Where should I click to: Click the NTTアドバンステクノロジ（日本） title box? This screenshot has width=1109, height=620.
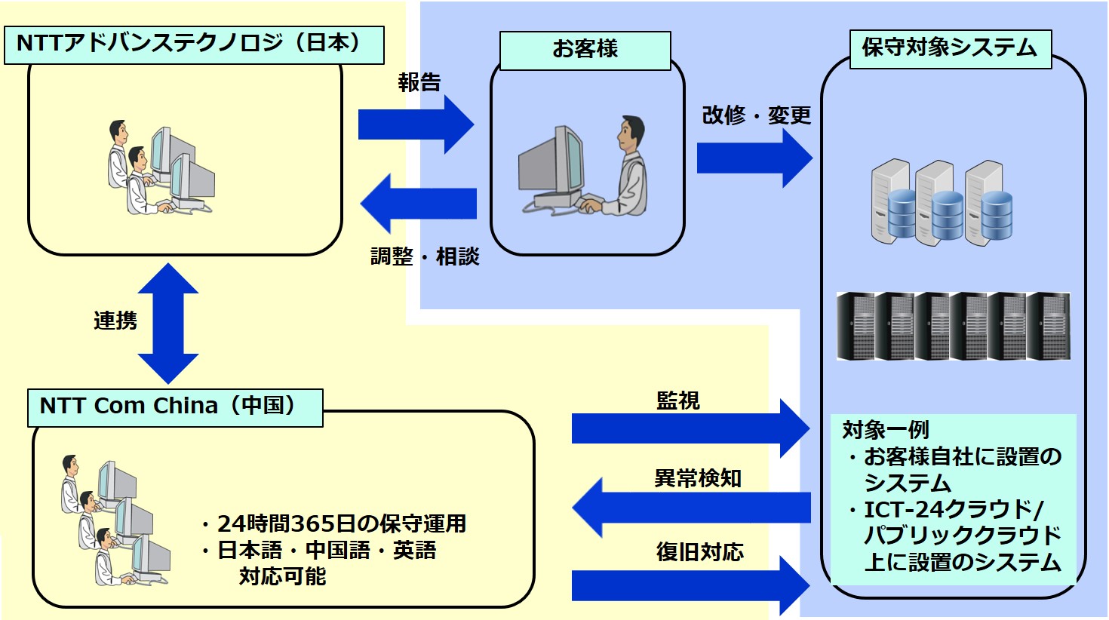pos(194,45)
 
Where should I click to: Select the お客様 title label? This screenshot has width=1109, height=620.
pos(585,51)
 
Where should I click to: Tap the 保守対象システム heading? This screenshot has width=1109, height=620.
pos(950,49)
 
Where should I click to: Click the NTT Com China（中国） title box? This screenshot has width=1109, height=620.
pos(175,407)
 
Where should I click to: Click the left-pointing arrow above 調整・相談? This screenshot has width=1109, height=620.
pos(419,204)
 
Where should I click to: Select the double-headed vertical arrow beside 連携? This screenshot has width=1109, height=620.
pos(168,323)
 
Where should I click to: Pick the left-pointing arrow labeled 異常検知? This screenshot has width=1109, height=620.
pos(691,507)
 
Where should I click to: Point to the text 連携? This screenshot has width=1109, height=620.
pos(115,321)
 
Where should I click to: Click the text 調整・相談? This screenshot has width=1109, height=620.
pos(425,257)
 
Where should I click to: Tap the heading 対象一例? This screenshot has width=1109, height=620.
pos(886,430)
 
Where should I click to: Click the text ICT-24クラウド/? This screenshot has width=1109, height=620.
pos(954,510)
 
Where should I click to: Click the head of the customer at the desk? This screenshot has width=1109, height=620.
pos(631,134)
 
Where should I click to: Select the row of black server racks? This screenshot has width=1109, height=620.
pos(954,326)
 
